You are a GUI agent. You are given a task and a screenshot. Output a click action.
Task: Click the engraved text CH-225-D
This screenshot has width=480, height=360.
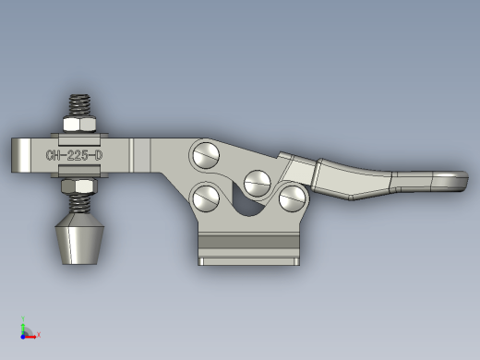pos(74,155)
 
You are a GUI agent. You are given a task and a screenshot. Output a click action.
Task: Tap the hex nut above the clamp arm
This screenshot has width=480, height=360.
pos(79,124)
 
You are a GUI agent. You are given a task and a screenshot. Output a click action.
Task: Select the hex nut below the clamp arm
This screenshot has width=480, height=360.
pos(79,186)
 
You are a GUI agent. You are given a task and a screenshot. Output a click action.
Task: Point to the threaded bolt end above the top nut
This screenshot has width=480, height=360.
pos(79,105)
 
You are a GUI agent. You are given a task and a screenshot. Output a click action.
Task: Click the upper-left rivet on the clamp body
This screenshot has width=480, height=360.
pos(206,155)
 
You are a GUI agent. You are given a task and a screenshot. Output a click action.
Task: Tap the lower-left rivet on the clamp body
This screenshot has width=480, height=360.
pos(206,198)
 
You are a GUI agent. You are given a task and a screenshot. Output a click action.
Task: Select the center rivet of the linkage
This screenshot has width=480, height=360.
pos(258,184)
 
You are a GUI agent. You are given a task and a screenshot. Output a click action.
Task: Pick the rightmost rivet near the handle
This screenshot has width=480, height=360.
pos(292,198)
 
